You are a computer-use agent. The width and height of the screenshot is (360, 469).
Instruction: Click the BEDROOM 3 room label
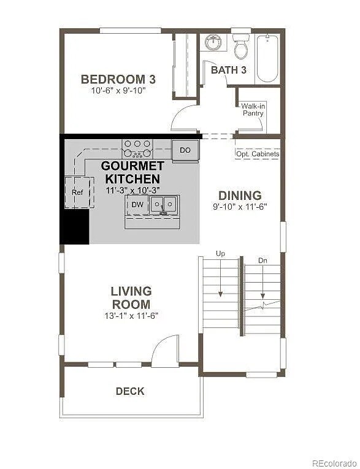point(118,79)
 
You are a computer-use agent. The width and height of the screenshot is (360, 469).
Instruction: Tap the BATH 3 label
point(228,70)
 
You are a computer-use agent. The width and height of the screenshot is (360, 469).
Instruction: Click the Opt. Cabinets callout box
point(258,154)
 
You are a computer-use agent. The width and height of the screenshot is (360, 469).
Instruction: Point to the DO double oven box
point(185,150)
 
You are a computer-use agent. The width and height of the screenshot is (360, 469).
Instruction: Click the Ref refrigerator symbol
point(77,192)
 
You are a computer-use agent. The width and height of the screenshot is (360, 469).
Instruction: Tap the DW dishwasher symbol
point(137,204)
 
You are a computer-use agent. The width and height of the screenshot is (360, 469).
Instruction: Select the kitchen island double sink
point(164,205)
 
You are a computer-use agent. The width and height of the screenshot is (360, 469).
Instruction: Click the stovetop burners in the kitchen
point(137,148)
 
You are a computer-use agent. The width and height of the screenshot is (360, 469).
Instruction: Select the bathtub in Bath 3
point(267,58)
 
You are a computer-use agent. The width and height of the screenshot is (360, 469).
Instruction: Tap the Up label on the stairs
point(220,253)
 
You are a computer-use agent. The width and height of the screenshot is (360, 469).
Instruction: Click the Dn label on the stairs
point(262,261)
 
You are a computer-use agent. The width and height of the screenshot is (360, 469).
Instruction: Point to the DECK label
point(130,391)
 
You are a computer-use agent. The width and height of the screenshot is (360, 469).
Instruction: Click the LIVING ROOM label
point(131,297)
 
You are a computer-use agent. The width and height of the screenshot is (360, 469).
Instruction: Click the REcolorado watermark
point(333,463)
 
